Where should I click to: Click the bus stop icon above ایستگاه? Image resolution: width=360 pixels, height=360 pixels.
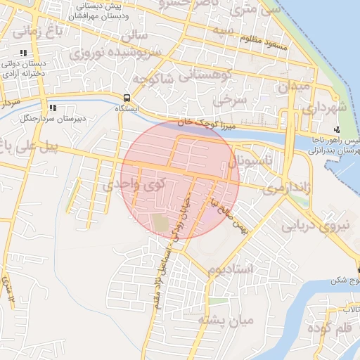127,98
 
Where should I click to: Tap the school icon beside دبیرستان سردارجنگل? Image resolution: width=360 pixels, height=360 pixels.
52,109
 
